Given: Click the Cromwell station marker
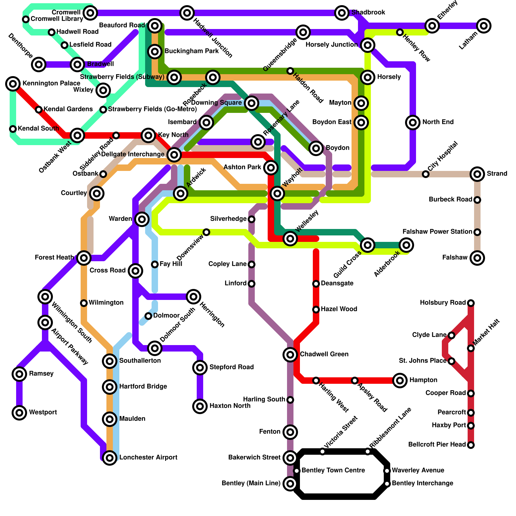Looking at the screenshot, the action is coord(90,13).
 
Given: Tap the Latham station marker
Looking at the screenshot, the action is coord(483,26).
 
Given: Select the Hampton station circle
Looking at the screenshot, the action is coord(400,381).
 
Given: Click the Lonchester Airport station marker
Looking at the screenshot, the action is coord(110,458).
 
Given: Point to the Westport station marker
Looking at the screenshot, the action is coord(19,413).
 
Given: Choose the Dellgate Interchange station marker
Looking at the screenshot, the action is coord(174,155).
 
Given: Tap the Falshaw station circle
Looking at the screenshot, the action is coord(477,258).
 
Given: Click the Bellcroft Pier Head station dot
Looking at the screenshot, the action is coord(471,445).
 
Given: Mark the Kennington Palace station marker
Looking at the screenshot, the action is coord(13,84).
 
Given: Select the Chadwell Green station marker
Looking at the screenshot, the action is coord(290,355).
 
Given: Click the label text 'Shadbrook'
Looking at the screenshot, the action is coord(368,13).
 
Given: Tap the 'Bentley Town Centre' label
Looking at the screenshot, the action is coord(333,471).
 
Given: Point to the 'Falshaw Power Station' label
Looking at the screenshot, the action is coord(437,232).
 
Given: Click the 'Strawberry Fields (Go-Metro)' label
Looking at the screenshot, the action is coord(152,109).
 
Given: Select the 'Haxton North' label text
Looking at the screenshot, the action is coord(230,406).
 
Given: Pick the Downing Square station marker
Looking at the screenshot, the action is coord(252,103).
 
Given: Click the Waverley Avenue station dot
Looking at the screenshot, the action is coord(387,471).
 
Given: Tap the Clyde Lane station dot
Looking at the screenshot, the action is coord(451,335).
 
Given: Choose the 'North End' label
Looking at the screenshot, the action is coord(438,122).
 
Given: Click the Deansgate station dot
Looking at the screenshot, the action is coord(316,284).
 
